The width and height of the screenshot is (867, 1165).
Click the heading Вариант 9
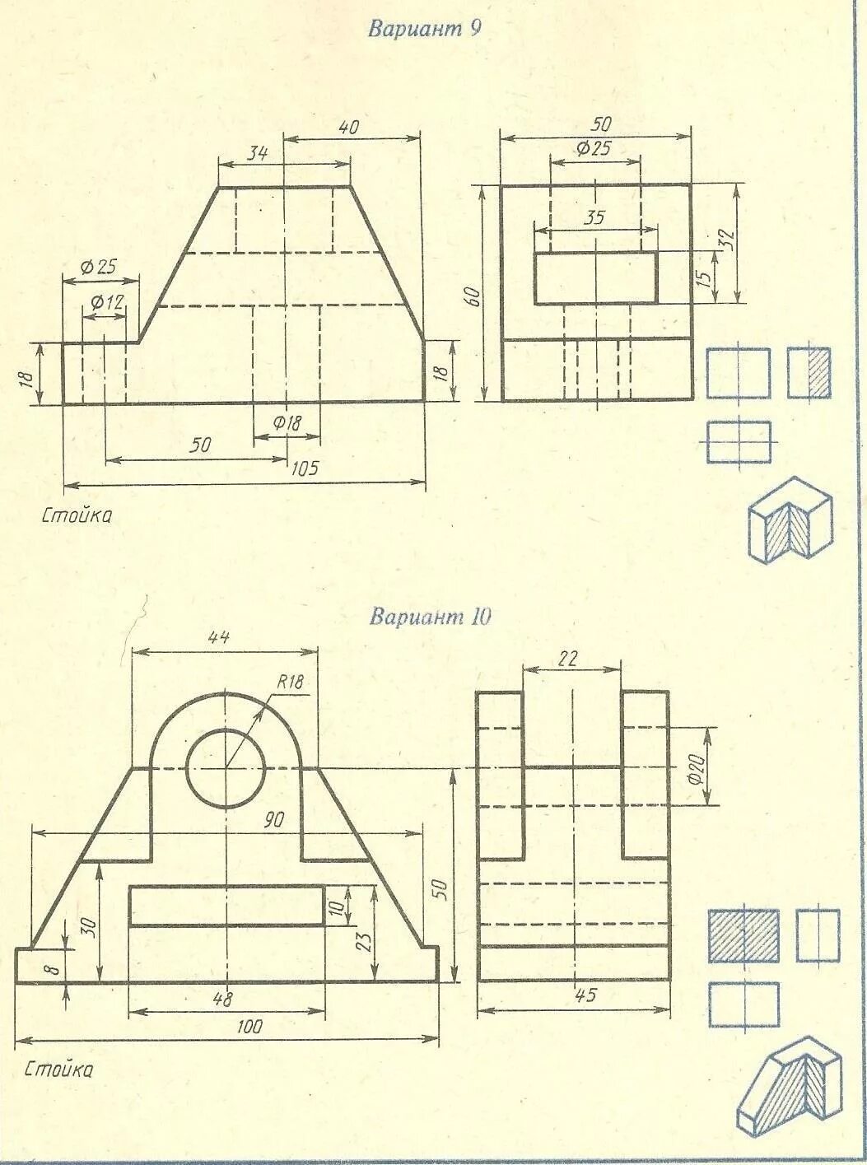pyautogui.click(x=424, y=30)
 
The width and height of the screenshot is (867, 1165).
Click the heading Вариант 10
pyautogui.click(x=430, y=617)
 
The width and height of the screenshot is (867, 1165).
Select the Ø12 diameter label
pyautogui.click(x=106, y=302)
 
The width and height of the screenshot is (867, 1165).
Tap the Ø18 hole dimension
pyautogui.click(x=287, y=423)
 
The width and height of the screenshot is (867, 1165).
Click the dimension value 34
pyautogui.click(x=257, y=151)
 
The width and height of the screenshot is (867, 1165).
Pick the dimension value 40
pyautogui.click(x=348, y=128)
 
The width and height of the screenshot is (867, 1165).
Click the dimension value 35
pyautogui.click(x=594, y=218)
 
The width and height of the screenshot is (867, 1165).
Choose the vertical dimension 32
pyautogui.click(x=725, y=242)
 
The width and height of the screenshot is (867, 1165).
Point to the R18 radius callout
pyautogui.click(x=290, y=682)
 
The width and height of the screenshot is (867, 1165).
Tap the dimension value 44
pyautogui.click(x=219, y=637)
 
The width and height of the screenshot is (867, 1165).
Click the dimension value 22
pyautogui.click(x=568, y=658)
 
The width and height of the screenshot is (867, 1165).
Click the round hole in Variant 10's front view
pyautogui.click(x=225, y=767)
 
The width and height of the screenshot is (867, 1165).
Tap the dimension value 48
pyautogui.click(x=222, y=999)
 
